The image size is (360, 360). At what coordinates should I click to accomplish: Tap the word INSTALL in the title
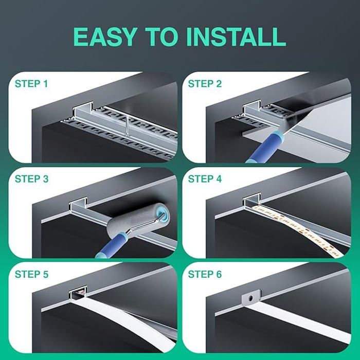(237, 37)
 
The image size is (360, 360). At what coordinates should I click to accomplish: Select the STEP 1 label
(31, 84)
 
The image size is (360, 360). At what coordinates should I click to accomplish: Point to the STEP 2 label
(205, 84)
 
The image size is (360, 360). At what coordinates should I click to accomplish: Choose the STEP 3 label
(32, 179)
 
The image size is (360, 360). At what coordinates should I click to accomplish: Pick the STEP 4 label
(205, 179)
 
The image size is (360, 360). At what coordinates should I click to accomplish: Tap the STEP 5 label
(32, 274)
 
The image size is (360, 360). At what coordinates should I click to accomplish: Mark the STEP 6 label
(205, 274)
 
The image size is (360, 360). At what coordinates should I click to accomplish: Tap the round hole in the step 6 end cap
(251, 298)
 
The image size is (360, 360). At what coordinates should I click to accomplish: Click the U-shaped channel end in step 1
(83, 110)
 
